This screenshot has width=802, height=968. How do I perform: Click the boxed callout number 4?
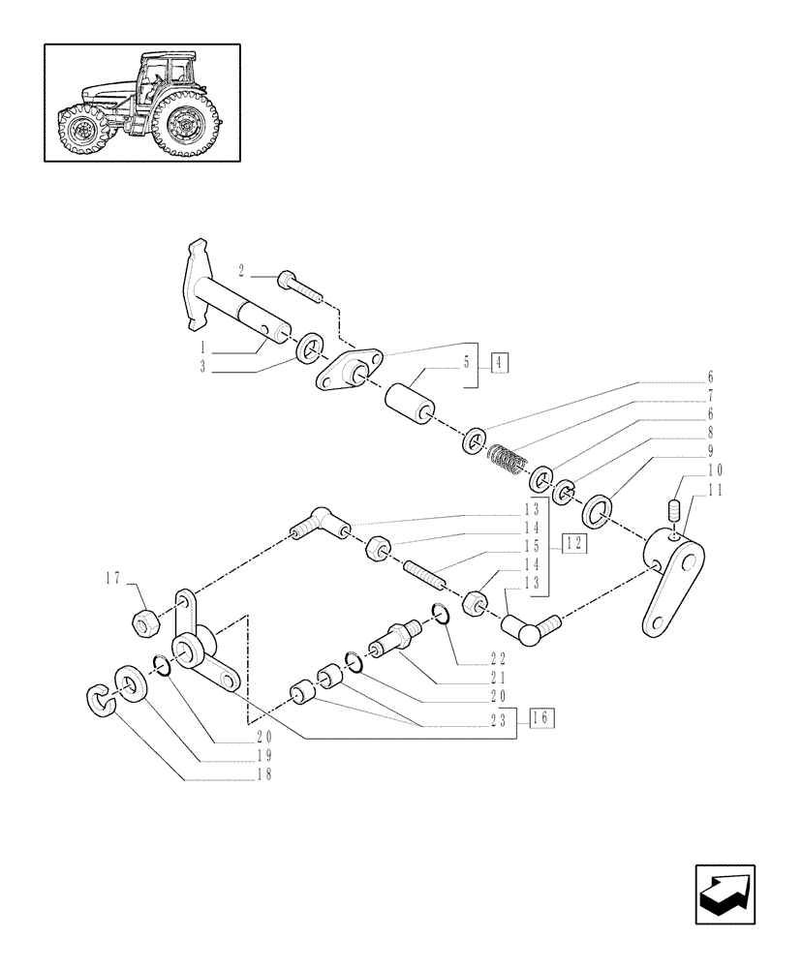tap(500, 364)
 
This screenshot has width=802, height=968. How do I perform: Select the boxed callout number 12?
tap(574, 543)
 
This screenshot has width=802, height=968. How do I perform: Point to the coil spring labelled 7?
tap(509, 460)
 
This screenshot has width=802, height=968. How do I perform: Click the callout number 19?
tap(264, 756)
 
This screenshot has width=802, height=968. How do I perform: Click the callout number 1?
tap(203, 347)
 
